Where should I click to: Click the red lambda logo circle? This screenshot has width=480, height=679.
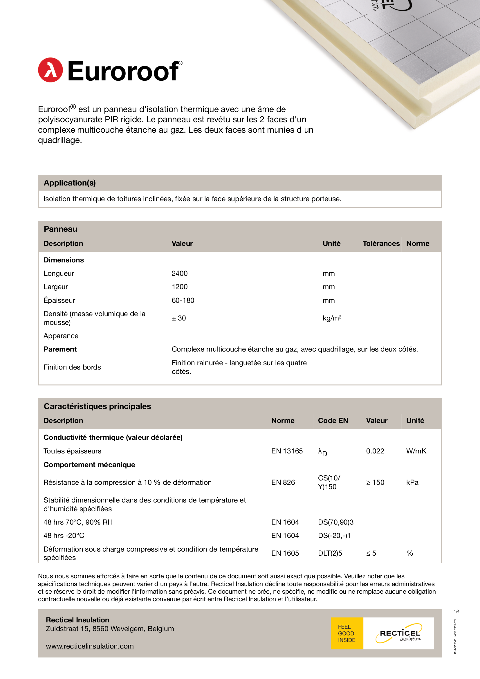coord(50,70)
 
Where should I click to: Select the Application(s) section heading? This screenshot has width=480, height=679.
coord(70,183)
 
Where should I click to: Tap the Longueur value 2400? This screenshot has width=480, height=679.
coord(179,273)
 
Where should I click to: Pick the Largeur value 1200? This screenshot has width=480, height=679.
coord(179,287)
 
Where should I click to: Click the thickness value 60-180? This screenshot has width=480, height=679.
coord(183,300)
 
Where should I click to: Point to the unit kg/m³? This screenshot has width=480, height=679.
coord(332,318)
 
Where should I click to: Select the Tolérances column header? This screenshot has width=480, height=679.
coord(381,243)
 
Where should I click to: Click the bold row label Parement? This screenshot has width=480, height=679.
coord(60,349)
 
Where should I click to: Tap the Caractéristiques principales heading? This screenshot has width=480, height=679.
coord(97,406)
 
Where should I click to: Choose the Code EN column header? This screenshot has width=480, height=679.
coord(333,420)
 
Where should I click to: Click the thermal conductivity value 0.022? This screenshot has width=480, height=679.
coord(375,451)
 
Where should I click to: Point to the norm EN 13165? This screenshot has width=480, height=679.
coord(287,451)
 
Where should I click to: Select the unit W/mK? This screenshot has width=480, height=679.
coord(416,451)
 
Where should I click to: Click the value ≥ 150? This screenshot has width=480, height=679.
coord(375,482)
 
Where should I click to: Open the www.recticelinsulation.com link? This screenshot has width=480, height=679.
coord(90,646)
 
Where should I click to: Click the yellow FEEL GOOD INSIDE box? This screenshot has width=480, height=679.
coord(347,633)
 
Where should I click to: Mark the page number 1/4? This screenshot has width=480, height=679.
coord(456,611)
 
